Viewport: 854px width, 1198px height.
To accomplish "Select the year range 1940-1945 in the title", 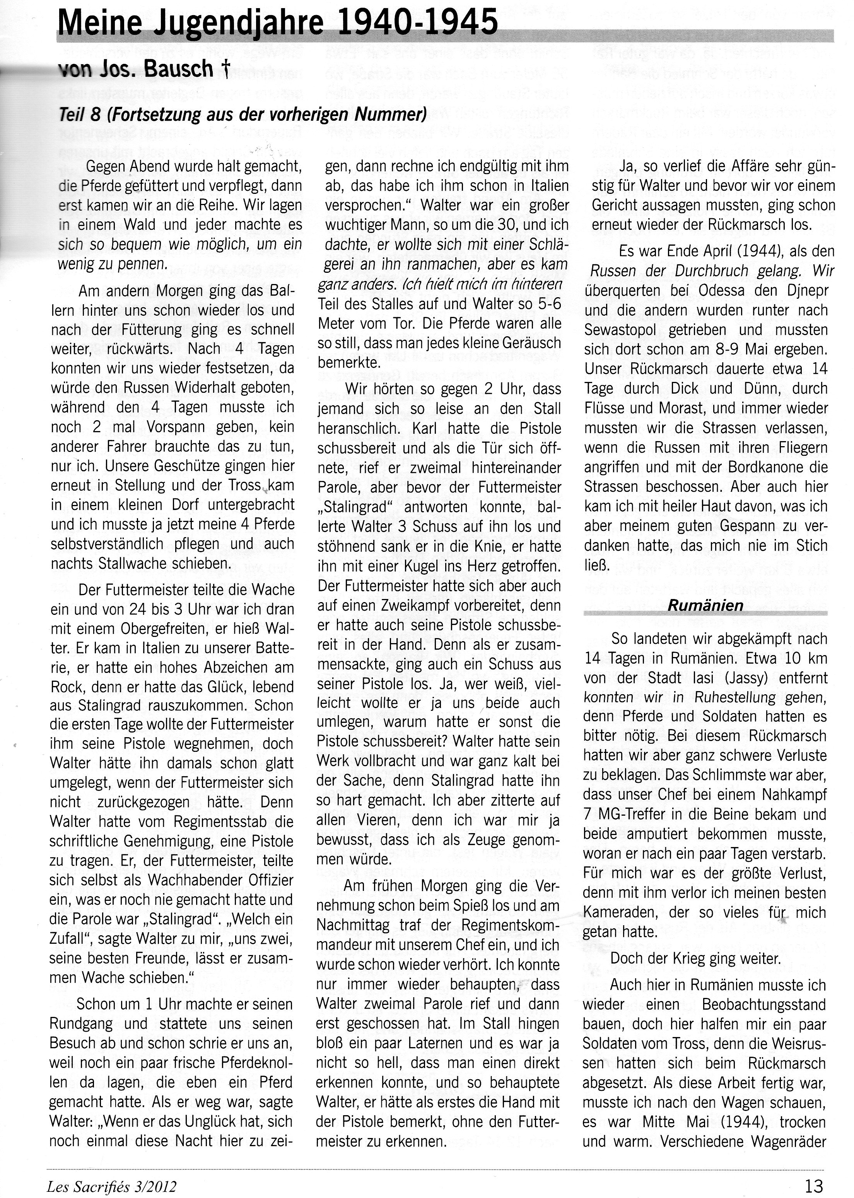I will pos(418,24).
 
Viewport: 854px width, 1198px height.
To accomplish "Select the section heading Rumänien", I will pos(705,606).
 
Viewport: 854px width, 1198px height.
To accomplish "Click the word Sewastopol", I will pos(620,330).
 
